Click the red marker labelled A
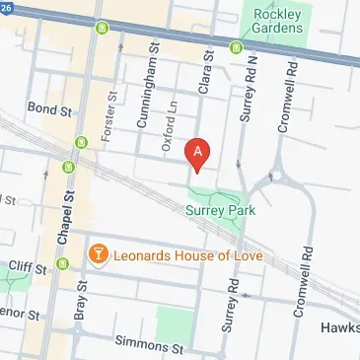click(198, 153)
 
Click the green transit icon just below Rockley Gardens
click(235, 47)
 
